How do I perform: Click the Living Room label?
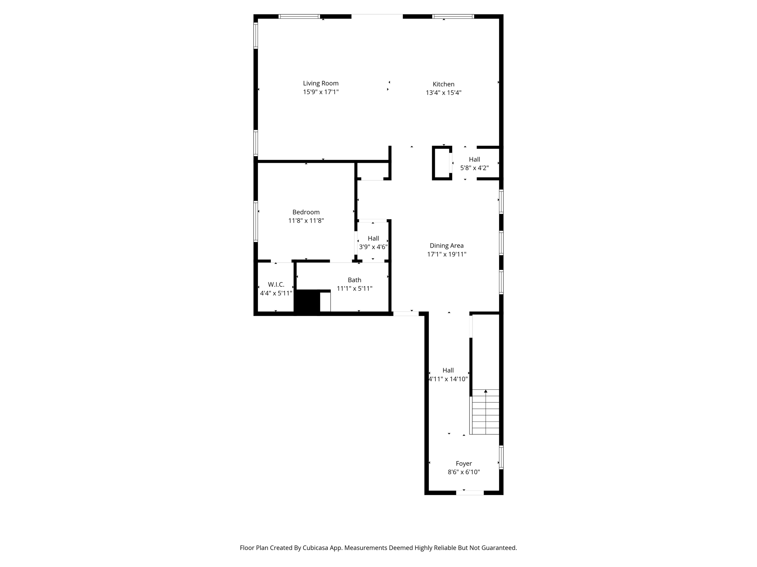pyautogui.click(x=320, y=83)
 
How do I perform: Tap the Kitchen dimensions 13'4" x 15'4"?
pyautogui.click(x=443, y=93)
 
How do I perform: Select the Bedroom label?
pyautogui.click(x=306, y=212)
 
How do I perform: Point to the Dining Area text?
pyautogui.click(x=446, y=246)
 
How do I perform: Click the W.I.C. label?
pyautogui.click(x=276, y=285)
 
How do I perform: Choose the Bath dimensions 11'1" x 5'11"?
pyautogui.click(x=354, y=289)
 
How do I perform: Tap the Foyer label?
pyautogui.click(x=464, y=464)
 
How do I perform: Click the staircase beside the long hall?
pyautogui.click(x=485, y=412)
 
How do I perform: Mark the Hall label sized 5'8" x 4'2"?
pyautogui.click(x=474, y=159)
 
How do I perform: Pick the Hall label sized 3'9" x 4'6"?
pyautogui.click(x=373, y=238)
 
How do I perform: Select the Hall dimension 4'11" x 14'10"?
pyautogui.click(x=448, y=379)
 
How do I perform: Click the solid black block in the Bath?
pyautogui.click(x=306, y=302)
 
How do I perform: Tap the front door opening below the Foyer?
pyautogui.click(x=469, y=492)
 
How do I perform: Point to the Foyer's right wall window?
pyautogui.click(x=501, y=457)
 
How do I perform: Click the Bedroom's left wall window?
pyautogui.click(x=255, y=221)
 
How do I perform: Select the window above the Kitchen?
pyautogui.click(x=453, y=16)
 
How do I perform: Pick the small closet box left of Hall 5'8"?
pyautogui.click(x=442, y=163)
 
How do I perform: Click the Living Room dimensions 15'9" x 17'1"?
pyautogui.click(x=320, y=92)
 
